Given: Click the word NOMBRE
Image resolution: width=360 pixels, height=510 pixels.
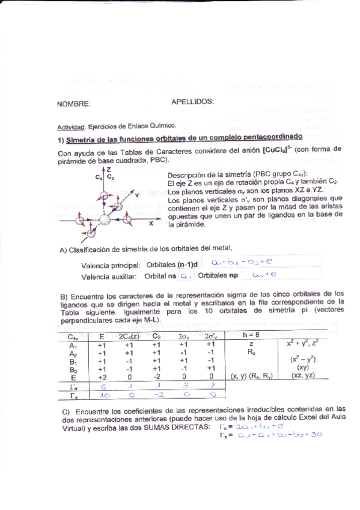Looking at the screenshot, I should pyautogui.click(x=73, y=104).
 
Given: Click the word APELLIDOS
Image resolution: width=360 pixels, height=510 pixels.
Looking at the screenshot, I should pyautogui.click(x=192, y=102).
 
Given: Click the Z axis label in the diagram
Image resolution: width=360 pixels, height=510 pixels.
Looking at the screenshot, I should pyautogui.click(x=108, y=170).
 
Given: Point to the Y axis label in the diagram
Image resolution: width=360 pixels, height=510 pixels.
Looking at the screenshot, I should pyautogui.click(x=137, y=195).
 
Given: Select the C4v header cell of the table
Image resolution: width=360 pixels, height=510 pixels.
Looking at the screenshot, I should pyautogui.click(x=73, y=337).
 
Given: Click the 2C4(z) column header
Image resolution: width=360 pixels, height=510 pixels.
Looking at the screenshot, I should pyautogui.click(x=129, y=336).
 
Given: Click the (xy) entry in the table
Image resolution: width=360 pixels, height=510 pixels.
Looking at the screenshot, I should pyautogui.click(x=303, y=367).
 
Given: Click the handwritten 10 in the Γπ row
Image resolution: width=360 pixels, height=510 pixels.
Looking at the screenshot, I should pyautogui.click(x=105, y=396).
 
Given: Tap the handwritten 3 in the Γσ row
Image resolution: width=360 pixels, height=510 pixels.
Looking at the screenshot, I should pyautogui.click(x=185, y=387).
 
